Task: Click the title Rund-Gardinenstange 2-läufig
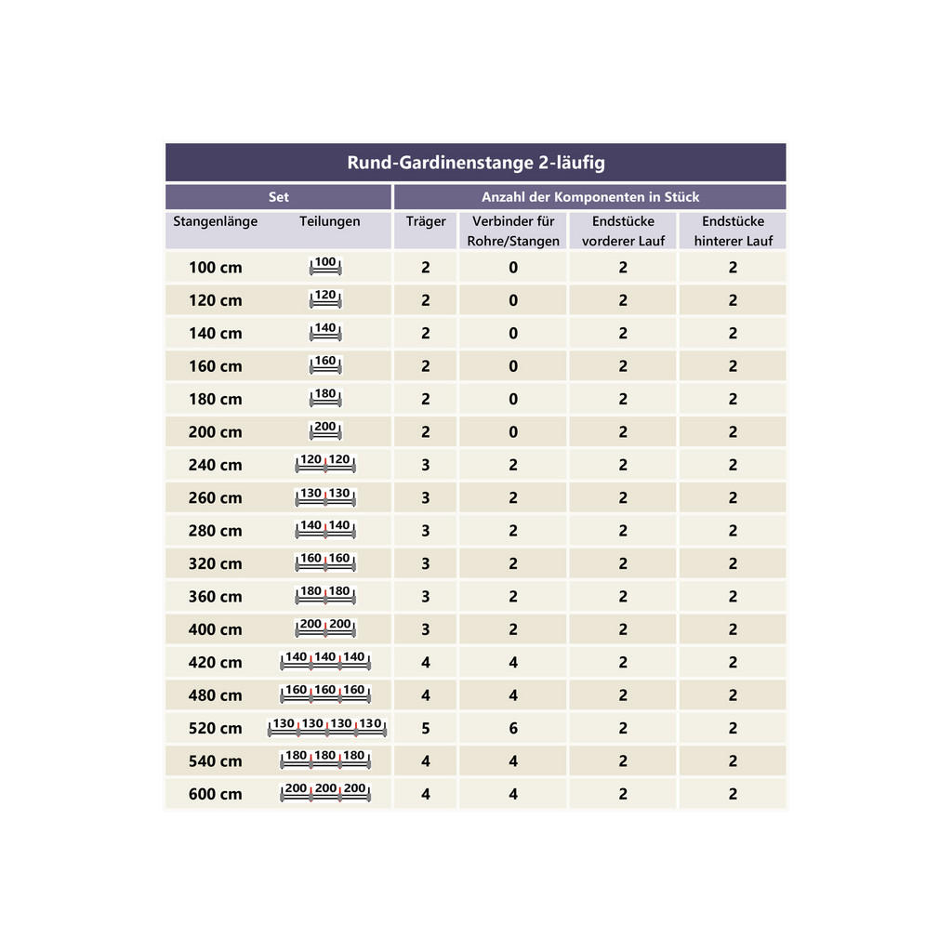coord(475,163)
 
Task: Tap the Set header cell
coord(278,197)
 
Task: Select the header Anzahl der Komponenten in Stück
coord(589,197)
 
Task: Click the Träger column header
coord(426,222)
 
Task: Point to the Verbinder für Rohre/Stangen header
coord(513,231)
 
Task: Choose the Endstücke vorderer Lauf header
coord(623,231)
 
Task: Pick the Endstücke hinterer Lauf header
coord(733,231)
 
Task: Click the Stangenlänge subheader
coord(215,222)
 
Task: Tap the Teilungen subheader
coord(329,222)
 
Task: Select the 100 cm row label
coord(215,268)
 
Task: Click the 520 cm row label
coord(215,729)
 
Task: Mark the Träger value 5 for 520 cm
coord(426,729)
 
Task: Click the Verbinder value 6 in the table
coord(513,729)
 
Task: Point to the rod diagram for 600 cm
coord(325,793)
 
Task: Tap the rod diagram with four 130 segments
coord(327,727)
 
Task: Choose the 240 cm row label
coord(215,465)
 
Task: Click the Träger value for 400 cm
coord(426,629)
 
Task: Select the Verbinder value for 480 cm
coord(513,695)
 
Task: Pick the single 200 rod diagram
coord(325,430)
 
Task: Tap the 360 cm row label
coord(215,597)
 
